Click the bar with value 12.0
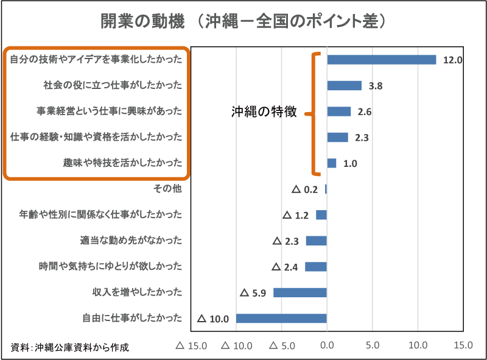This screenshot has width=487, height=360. point(381,60)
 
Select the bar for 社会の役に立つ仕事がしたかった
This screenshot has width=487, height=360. point(344,86)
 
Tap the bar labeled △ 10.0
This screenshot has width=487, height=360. point(281,318)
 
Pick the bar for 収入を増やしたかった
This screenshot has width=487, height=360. point(300,292)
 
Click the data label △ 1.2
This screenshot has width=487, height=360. point(296,215)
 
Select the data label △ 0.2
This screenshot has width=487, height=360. point(305,189)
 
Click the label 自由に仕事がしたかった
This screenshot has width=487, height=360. point(132,317)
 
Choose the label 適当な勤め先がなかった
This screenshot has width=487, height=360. point(131,240)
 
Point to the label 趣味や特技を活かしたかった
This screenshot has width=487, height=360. point(122,163)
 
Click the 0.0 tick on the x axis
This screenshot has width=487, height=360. point(327,345)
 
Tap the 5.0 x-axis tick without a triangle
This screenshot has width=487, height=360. point(373,345)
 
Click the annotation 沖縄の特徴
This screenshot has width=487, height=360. point(264,111)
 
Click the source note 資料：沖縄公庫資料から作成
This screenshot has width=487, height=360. point(70,348)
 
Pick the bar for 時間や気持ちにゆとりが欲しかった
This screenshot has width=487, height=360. point(316,266)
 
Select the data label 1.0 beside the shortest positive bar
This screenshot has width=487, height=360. point(350,163)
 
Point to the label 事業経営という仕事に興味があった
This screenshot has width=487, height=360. point(109,111)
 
